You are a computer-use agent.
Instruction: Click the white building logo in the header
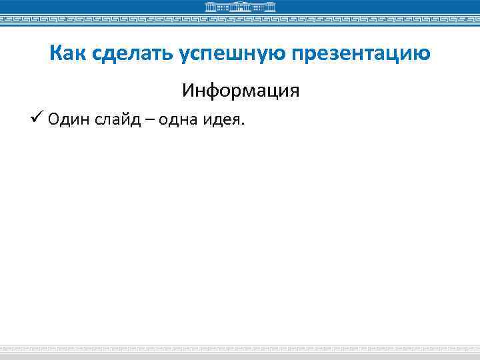tap(239, 7)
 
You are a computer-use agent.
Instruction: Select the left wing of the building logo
tap(215, 8)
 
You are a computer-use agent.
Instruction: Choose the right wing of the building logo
tap(265, 8)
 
